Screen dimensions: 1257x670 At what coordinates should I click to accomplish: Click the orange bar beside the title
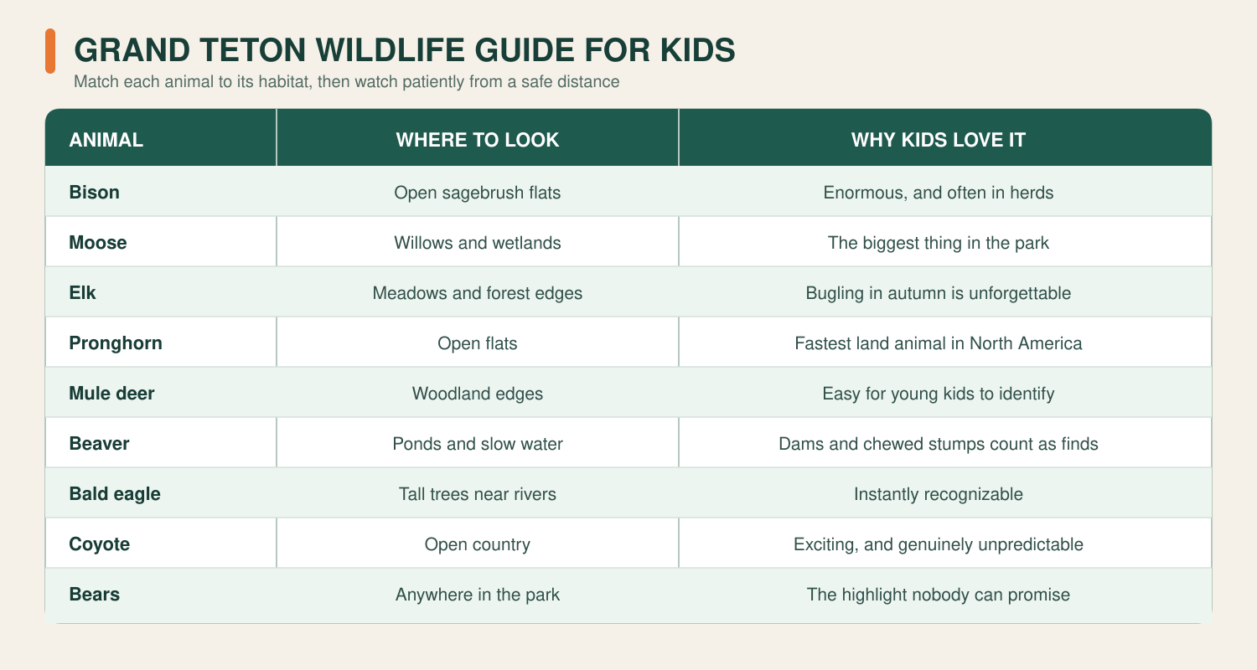[50, 51]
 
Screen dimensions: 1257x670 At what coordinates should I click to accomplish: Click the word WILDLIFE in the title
[390, 50]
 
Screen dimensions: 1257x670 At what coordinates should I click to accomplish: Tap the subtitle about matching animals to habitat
[346, 82]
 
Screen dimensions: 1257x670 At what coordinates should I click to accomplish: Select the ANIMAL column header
[106, 140]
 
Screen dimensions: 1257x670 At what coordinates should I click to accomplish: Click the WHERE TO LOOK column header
[478, 140]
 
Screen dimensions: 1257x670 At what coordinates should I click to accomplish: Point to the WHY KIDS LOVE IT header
[939, 140]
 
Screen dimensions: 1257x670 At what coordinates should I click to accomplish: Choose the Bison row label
[94, 193]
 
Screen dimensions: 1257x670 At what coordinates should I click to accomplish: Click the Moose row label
[98, 243]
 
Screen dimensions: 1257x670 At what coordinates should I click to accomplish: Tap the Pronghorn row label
[116, 343]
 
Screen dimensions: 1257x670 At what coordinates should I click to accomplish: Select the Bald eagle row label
[115, 494]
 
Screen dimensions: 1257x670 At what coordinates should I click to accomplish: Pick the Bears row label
[94, 595]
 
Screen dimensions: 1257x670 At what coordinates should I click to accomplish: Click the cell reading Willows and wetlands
[478, 243]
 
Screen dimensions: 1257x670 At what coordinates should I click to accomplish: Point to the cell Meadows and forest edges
[478, 292]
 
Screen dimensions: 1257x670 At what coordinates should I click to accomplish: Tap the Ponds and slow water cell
[478, 444]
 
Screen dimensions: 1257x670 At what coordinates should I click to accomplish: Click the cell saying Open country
[478, 544]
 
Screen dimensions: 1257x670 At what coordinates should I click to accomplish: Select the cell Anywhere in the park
[478, 595]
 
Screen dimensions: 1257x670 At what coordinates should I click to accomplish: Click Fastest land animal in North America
[939, 343]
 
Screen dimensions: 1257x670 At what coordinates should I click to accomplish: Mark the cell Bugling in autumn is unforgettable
[939, 292]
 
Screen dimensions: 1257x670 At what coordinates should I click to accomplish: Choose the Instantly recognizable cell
[939, 494]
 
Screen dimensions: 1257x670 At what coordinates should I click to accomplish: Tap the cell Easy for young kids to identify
[939, 394]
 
